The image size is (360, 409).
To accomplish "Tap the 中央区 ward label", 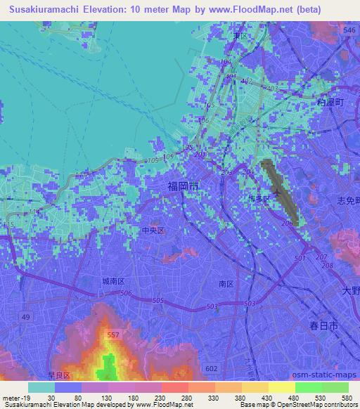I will coord(153,230).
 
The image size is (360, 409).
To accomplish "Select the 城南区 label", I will coord(112,280).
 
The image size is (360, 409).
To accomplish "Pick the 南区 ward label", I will coord(226,284).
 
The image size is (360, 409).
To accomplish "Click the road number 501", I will coord(299,259).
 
